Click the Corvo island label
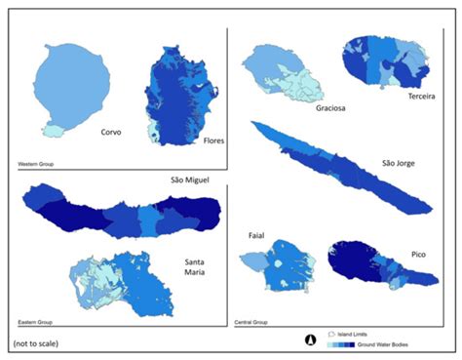(x=109, y=132)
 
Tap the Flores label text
(x=214, y=141)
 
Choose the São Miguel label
(x=191, y=180)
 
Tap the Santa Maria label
(x=200, y=268)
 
